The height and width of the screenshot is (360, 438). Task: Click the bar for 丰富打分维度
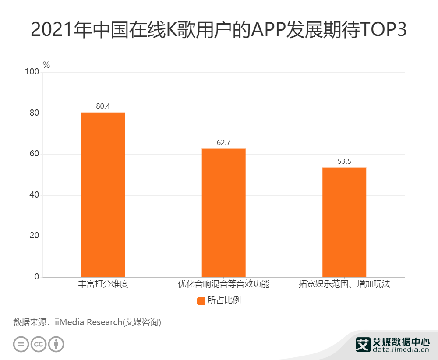coord(103,195)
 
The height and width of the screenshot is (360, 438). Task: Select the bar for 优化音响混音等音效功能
coord(223,213)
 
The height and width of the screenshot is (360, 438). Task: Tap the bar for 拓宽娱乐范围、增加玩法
coord(344,222)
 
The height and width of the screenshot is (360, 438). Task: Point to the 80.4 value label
coord(103,106)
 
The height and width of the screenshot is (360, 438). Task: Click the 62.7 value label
coord(223,142)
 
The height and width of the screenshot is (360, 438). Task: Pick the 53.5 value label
coord(344,161)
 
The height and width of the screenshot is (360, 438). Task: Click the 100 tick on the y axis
coord(33,72)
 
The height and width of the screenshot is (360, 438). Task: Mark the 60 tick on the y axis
coord(35,154)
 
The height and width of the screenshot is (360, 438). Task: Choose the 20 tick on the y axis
coord(35,236)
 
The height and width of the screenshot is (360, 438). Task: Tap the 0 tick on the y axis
coord(37,277)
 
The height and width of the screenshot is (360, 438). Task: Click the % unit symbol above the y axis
coord(46,65)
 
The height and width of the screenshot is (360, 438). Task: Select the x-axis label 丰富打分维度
coord(103,284)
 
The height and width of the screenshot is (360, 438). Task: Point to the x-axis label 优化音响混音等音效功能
coord(223,284)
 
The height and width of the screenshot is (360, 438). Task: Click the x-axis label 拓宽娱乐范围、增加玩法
coord(344,284)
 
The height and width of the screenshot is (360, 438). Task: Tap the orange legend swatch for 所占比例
coord(201,301)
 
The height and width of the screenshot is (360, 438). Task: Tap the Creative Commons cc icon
coord(39,344)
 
